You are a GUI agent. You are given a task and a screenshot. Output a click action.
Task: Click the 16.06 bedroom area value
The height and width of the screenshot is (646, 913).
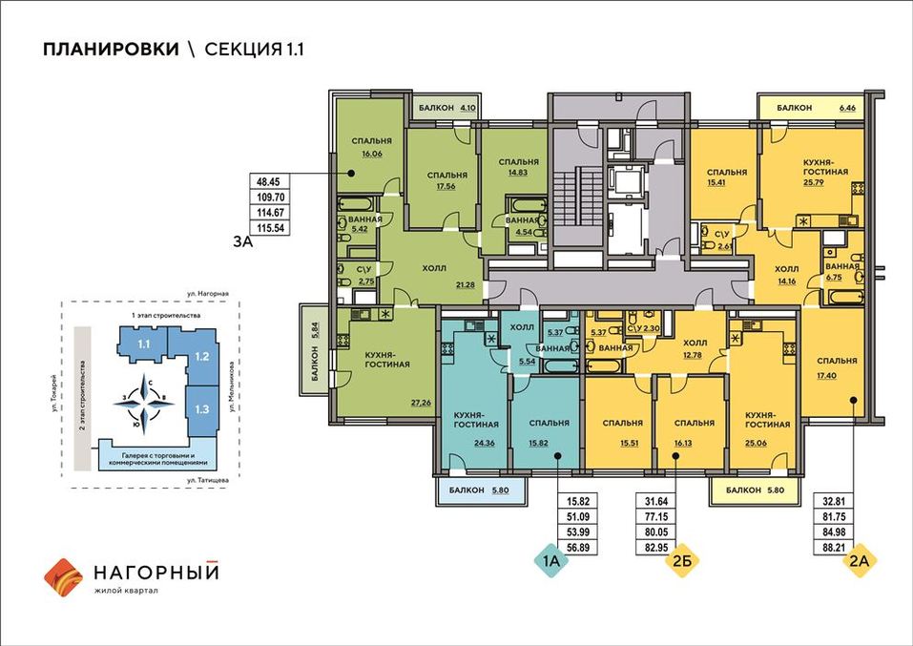point(371,154)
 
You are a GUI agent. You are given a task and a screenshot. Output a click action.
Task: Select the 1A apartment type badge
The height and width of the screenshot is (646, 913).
point(550,561)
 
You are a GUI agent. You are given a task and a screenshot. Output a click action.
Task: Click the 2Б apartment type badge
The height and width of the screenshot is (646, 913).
point(682,561)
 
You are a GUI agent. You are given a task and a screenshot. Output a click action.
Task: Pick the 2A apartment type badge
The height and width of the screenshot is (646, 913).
point(860,561)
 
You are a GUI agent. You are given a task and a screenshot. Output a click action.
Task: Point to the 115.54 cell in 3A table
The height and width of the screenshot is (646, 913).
point(270,228)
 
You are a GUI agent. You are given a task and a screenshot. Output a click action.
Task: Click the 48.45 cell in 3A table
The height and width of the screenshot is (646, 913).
point(270,181)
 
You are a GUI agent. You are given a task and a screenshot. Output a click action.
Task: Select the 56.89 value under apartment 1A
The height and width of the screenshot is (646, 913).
point(577,548)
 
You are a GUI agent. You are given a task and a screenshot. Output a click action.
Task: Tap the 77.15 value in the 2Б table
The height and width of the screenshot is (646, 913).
point(656,516)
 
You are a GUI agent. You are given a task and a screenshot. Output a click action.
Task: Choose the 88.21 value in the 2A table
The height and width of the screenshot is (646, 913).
point(833,548)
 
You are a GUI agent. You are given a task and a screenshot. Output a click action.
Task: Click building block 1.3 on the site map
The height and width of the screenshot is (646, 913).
point(202,409)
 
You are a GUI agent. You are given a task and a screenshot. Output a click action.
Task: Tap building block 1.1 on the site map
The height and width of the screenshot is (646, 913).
point(143,344)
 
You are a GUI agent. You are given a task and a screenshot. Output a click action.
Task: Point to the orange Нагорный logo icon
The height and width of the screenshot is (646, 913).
point(64,578)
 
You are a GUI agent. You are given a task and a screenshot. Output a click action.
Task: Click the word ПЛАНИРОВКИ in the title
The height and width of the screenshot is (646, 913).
point(112,50)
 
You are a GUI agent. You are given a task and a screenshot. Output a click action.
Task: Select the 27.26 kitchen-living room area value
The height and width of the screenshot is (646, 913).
point(421,402)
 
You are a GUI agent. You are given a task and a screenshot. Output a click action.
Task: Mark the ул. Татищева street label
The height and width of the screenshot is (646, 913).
point(208,481)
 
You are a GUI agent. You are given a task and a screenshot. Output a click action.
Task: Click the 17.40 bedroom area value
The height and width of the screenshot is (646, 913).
point(827,376)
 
